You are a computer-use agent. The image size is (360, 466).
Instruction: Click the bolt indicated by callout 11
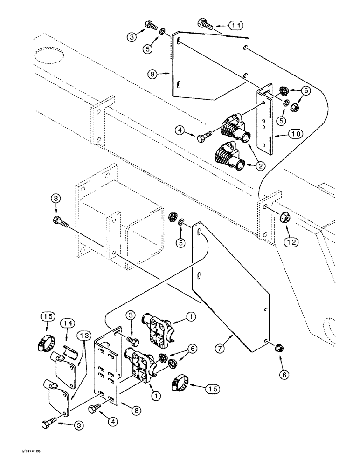[206, 23]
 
